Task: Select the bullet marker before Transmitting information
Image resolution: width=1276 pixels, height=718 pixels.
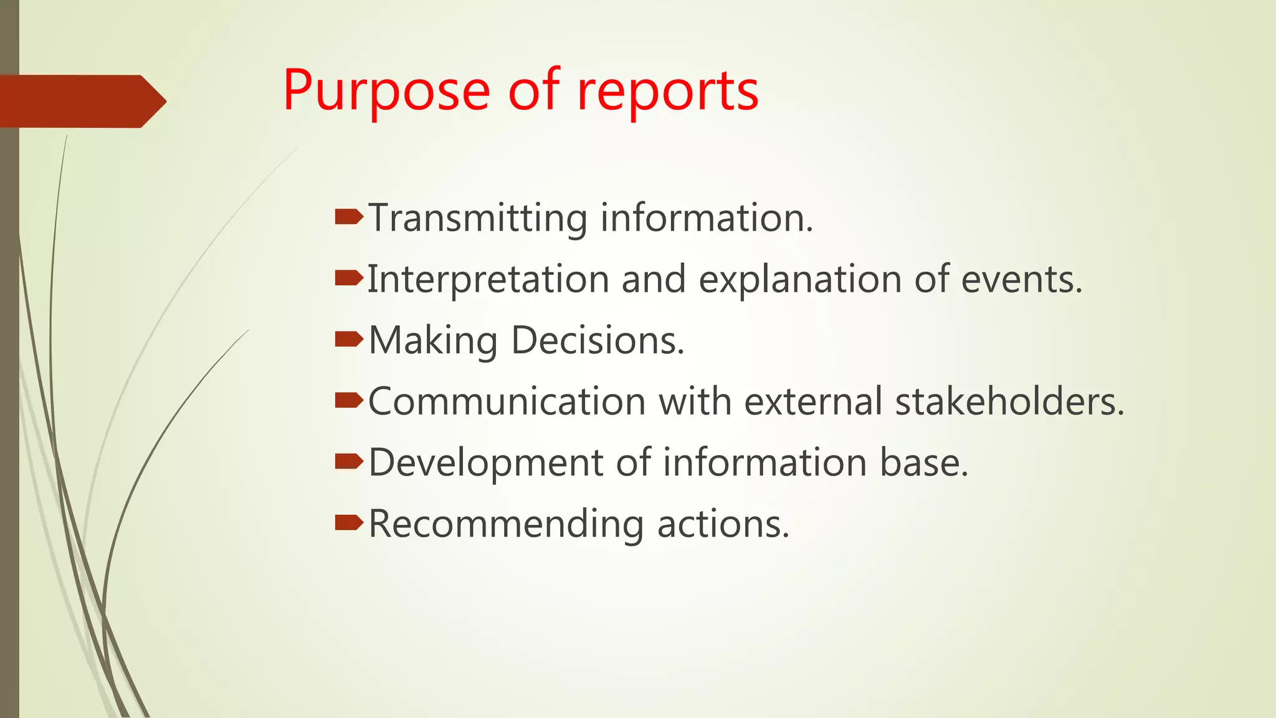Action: [x=348, y=217]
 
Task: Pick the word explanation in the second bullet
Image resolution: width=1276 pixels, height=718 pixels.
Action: [x=800, y=280]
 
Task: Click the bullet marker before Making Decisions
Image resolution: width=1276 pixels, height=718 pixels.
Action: [x=348, y=339]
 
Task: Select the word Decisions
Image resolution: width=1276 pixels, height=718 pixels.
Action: [x=598, y=341]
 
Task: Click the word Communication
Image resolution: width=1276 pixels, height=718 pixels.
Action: [x=507, y=401]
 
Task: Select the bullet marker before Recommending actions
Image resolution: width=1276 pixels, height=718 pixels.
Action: [x=348, y=522]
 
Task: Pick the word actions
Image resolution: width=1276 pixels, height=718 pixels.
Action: [x=723, y=524]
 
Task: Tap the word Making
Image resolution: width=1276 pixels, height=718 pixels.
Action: [x=433, y=341]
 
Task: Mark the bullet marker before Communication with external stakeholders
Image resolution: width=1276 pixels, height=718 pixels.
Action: [x=348, y=400]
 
